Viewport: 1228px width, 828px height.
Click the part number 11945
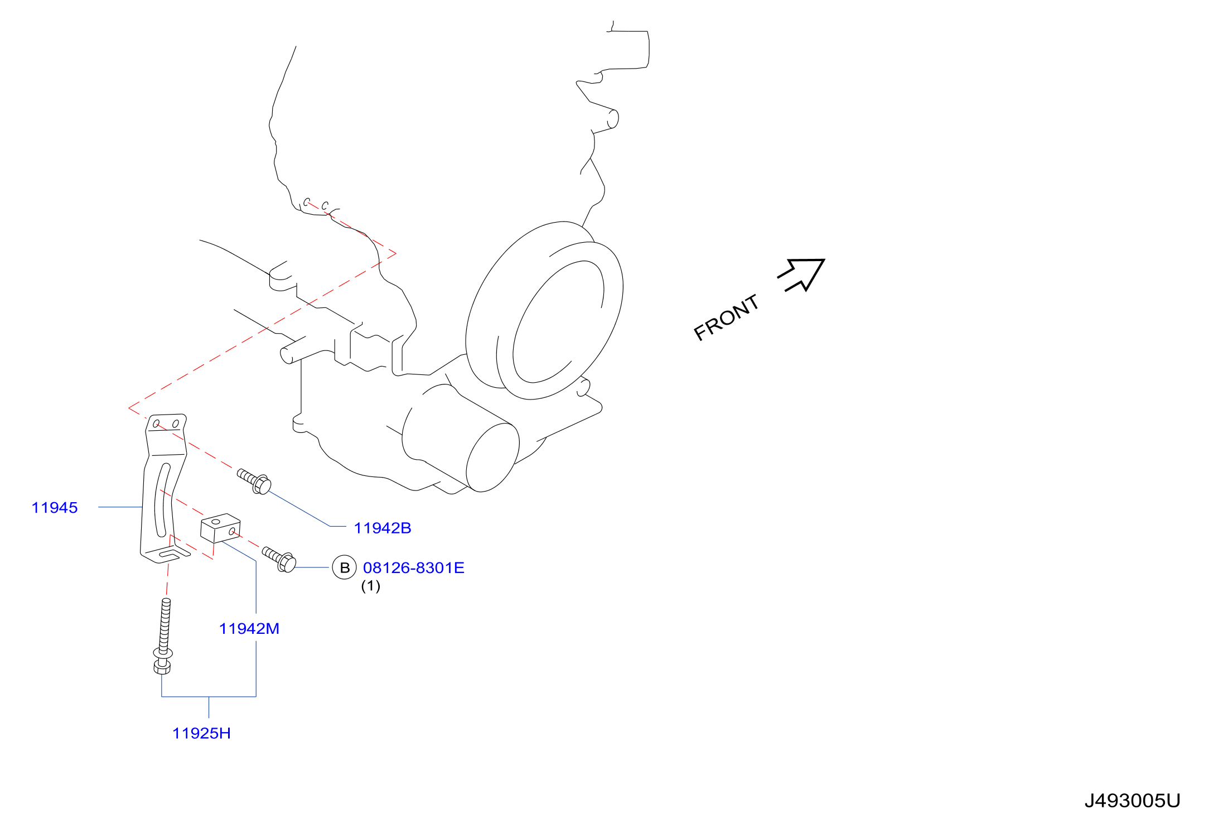(55, 508)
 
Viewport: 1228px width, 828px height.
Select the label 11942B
(383, 528)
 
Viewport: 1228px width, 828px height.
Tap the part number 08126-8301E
(414, 568)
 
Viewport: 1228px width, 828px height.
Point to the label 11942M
(249, 629)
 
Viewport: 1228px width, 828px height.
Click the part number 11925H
(201, 733)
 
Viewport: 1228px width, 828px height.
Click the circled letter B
(345, 568)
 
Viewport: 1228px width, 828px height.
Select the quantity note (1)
(371, 586)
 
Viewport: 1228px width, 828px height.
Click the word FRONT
(726, 317)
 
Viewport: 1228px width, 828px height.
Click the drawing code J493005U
(1132, 801)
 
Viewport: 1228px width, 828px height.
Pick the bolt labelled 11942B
(254, 481)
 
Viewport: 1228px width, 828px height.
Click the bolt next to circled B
(279, 559)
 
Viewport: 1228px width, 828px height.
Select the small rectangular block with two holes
(220, 528)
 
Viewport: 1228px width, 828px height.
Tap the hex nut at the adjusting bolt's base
(162, 666)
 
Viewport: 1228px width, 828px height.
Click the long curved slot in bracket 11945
(161, 500)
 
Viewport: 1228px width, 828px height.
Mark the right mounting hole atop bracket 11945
(175, 424)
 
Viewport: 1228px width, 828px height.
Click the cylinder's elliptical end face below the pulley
(492, 458)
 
